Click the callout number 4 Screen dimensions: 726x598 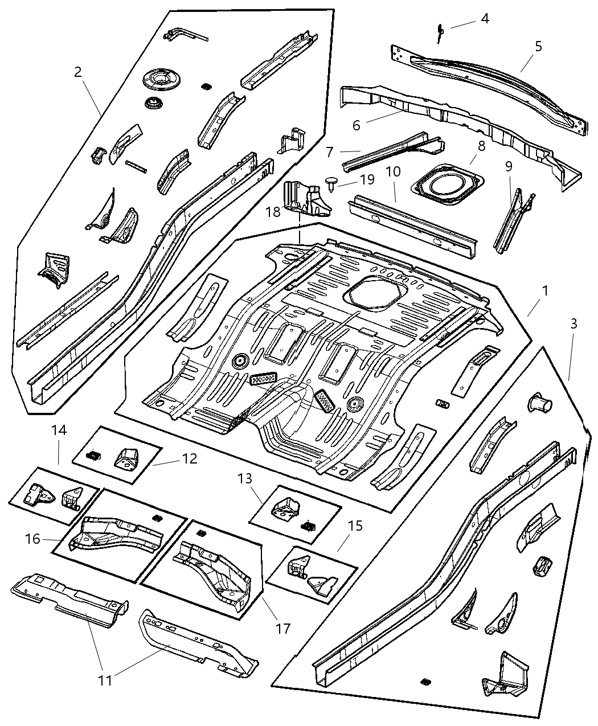[484, 19]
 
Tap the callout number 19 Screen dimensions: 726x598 [367, 181]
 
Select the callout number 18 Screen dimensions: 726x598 [272, 212]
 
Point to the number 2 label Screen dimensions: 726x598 [78, 72]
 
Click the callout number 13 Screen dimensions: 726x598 [245, 479]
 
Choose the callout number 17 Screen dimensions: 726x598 [283, 629]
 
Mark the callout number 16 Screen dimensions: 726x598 [33, 538]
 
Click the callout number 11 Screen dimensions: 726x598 [105, 680]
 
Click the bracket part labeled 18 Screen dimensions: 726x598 [307, 199]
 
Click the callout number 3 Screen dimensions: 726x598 [574, 324]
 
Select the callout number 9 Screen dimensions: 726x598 [509, 166]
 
